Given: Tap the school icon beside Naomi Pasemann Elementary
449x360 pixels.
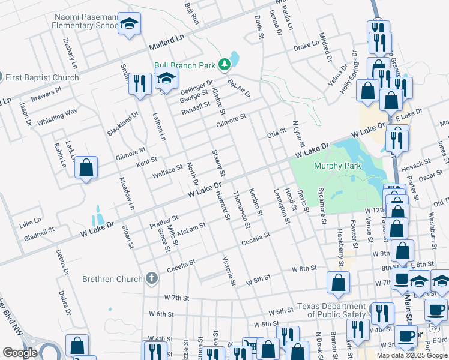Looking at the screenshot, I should tap(129, 24).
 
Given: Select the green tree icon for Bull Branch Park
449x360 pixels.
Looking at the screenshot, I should tap(224, 64).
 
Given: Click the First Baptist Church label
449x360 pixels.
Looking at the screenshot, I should tap(42, 77).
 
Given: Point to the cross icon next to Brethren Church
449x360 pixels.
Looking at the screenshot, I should tap(152, 278).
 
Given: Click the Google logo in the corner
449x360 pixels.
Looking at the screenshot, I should tap(20, 353).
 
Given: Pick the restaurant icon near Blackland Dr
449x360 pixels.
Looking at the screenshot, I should tap(139, 84).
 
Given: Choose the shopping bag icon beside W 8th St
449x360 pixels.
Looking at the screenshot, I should tap(339, 283).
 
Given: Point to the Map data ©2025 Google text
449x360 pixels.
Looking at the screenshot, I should tap(411, 355).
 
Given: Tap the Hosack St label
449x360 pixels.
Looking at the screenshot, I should tap(417, 164).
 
